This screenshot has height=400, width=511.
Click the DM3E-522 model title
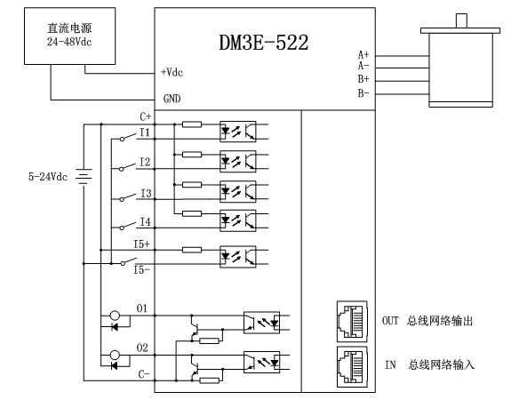click(x=263, y=43)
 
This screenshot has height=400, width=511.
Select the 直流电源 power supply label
click(x=69, y=28)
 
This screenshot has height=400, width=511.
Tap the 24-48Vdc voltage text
click(x=69, y=42)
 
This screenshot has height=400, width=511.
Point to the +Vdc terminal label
click(x=172, y=72)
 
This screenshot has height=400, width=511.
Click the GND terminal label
click(x=172, y=99)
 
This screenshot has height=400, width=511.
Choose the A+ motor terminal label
click(x=363, y=54)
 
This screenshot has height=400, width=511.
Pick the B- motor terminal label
click(x=363, y=93)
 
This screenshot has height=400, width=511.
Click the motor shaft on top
click(x=461, y=20)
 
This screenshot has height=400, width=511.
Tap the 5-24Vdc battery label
click(x=48, y=177)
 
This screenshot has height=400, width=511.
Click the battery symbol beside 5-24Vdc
click(x=84, y=176)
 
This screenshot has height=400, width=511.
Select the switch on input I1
click(x=128, y=137)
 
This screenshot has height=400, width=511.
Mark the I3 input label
click(x=146, y=193)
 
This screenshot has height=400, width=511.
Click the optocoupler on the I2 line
click(x=238, y=162)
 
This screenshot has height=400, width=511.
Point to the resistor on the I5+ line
click(x=192, y=250)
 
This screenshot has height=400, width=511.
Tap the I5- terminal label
click(x=142, y=270)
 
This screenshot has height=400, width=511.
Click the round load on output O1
click(x=115, y=316)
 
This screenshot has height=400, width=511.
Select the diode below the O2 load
click(x=115, y=365)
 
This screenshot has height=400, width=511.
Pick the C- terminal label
click(x=144, y=374)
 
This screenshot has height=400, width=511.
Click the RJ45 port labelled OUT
click(x=352, y=321)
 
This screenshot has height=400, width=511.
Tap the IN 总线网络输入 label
click(x=429, y=364)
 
